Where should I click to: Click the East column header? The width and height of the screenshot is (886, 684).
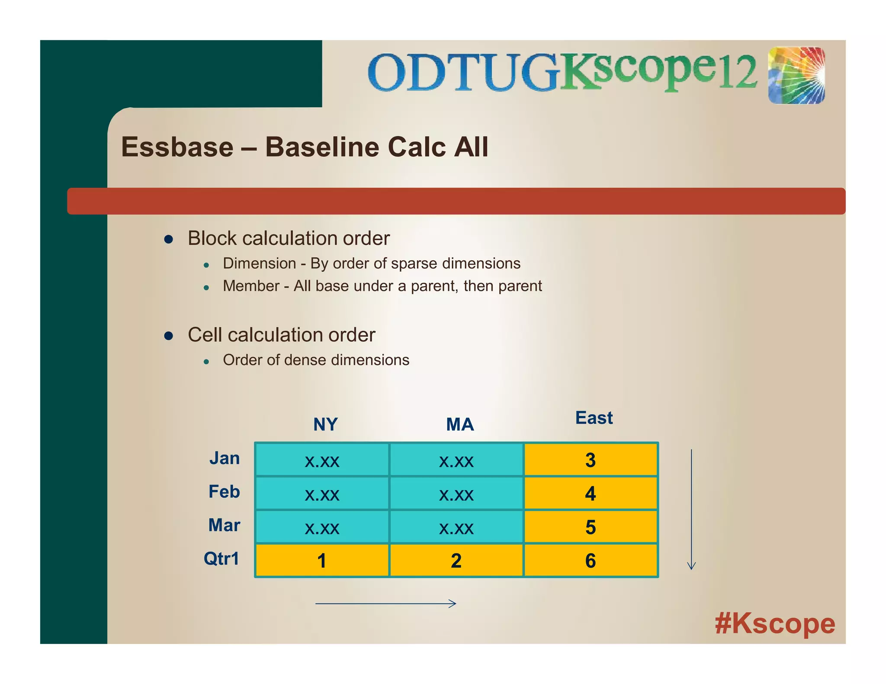594,418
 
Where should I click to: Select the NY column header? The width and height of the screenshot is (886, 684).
325,425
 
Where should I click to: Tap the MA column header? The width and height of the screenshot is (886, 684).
460,425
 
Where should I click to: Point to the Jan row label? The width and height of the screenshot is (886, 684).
225,458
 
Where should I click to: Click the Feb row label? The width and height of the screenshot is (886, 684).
224,492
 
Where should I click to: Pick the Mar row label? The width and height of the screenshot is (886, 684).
224,525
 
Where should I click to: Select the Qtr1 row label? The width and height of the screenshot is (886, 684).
221,559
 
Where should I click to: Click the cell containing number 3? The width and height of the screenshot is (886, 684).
591,460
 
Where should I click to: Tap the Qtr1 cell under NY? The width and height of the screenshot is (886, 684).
322,561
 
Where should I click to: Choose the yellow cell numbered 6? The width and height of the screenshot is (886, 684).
591,561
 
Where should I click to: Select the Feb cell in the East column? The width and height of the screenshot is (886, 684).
591,493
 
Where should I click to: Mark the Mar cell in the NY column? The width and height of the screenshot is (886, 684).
322,527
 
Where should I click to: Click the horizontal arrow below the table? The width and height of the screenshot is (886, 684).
385,604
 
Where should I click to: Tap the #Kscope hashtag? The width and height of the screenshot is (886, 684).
775,623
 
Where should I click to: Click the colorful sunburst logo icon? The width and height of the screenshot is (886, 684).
796,76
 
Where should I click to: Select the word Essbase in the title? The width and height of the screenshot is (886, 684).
177,147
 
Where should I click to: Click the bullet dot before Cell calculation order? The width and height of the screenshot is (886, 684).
169,336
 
